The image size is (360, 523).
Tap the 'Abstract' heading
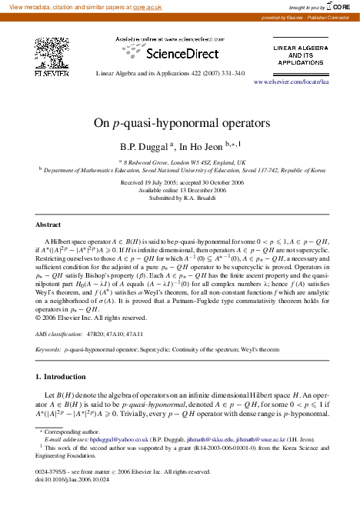point(48,225)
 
